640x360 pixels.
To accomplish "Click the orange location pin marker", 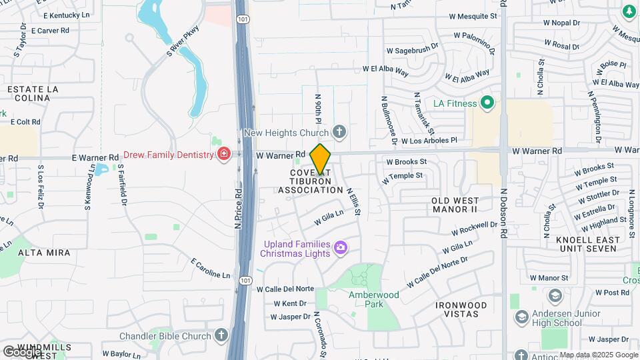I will pos(320,159).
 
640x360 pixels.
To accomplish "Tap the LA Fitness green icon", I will pos(487,103).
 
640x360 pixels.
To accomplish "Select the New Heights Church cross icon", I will pos(339,131).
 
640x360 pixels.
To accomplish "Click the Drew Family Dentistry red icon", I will pos(224,155).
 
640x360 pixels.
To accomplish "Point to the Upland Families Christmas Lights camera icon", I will pos(341,248).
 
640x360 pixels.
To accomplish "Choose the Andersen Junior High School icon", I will pos(521,317).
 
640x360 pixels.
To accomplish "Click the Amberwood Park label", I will pos(373,295).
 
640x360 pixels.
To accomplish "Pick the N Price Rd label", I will pos(237,208).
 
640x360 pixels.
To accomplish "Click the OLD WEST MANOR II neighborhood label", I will pos(464,205).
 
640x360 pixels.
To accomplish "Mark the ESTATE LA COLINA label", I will pos(29,93).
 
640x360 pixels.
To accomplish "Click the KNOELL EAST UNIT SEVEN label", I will pos(586,244).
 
